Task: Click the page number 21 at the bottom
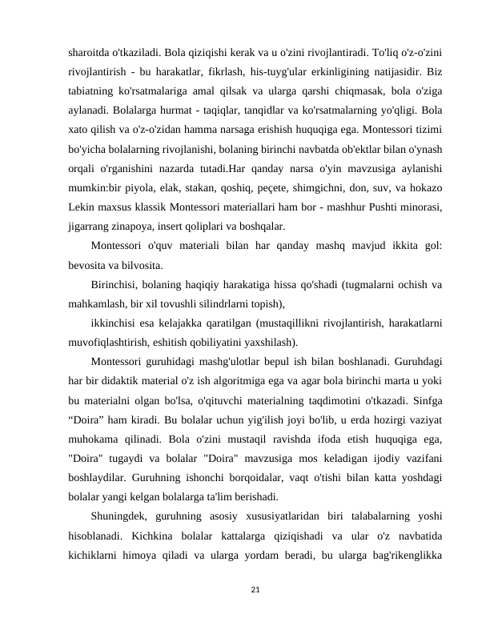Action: click(x=244, y=588)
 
